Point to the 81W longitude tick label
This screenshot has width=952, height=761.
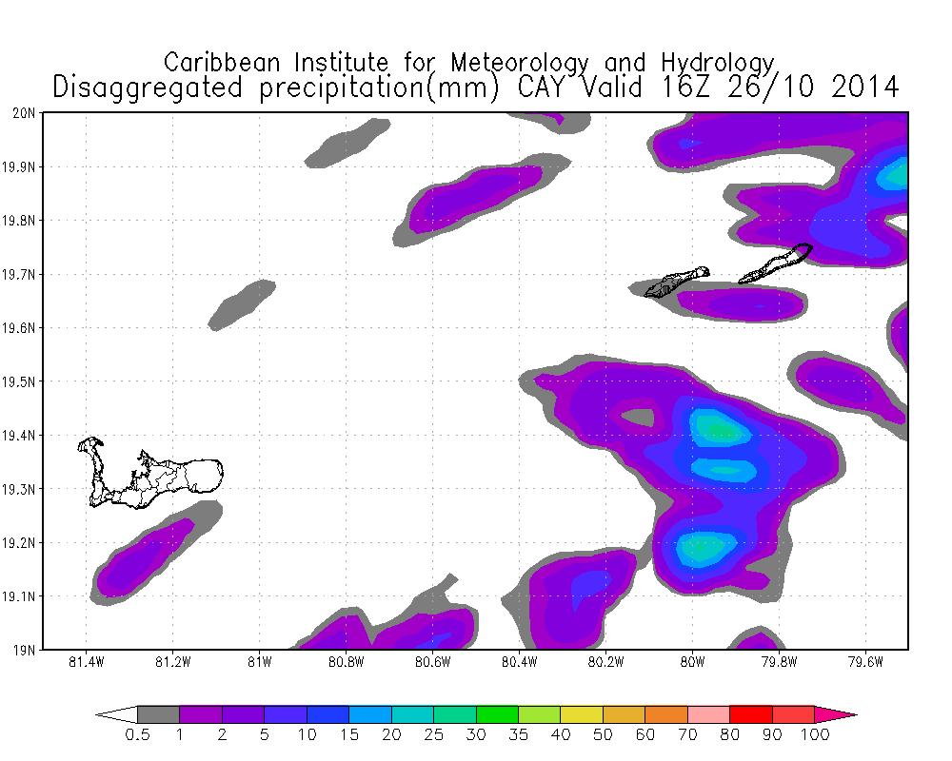pyautogui.click(x=259, y=662)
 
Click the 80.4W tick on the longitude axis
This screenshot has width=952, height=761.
pyautogui.click(x=519, y=662)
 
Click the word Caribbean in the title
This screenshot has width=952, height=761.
pyautogui.click(x=225, y=62)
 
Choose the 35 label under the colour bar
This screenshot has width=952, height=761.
pyautogui.click(x=518, y=734)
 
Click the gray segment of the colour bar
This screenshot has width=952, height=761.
pyautogui.click(x=158, y=713)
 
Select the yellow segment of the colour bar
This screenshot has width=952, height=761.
pyautogui.click(x=581, y=713)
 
